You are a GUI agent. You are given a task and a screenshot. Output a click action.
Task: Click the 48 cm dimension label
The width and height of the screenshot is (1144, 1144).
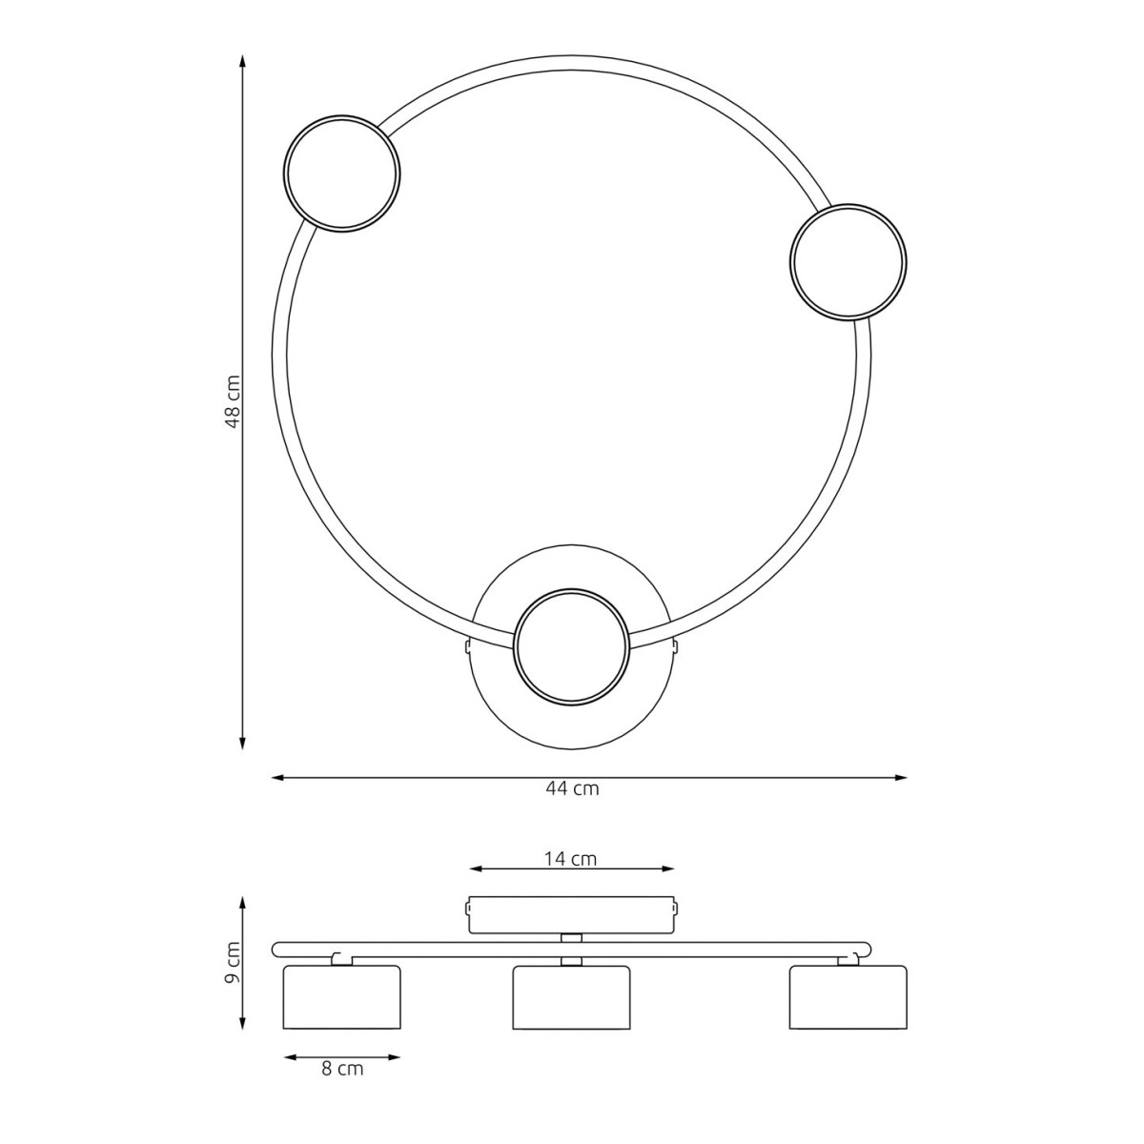(234, 400)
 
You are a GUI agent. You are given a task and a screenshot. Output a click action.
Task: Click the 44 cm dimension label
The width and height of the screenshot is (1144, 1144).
(572, 788)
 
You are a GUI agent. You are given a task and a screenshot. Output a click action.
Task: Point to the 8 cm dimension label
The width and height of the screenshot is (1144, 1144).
(342, 1070)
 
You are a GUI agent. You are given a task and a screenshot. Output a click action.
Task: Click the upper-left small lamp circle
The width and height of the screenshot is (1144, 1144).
(341, 174)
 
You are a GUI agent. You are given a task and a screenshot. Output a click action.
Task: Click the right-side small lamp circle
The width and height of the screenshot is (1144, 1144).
(848, 262)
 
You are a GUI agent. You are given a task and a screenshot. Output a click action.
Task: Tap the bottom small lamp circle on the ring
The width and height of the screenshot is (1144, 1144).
(570, 647)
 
